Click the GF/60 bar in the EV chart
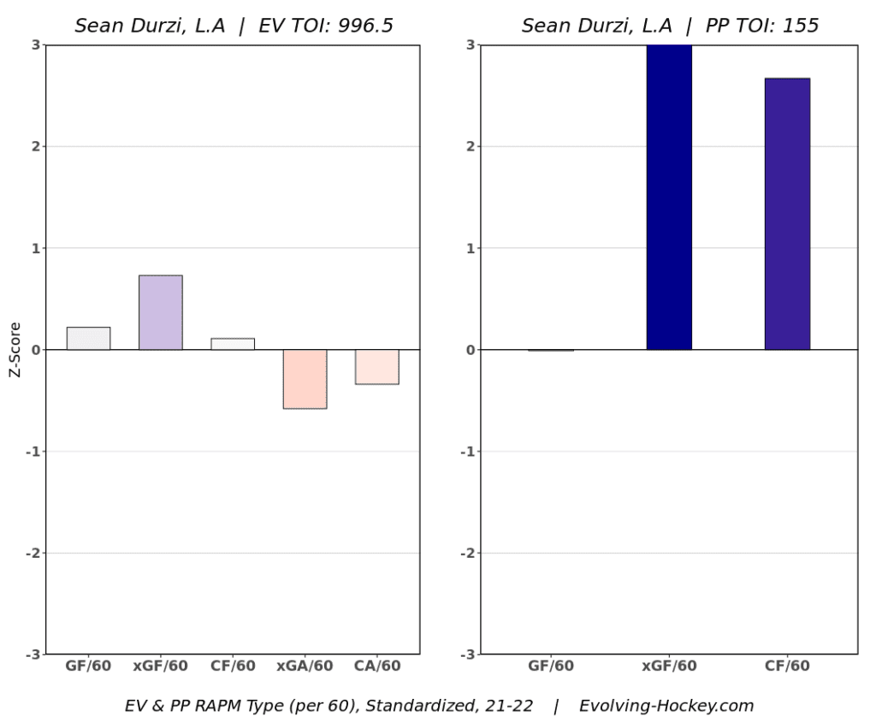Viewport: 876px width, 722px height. [x=88, y=339]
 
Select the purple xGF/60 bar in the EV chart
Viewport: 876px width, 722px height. [x=160, y=312]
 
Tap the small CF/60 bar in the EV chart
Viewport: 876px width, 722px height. [x=233, y=344]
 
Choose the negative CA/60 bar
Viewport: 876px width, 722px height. [x=376, y=367]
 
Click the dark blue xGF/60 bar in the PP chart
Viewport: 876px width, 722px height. [x=669, y=197]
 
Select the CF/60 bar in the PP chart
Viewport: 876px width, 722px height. [x=787, y=214]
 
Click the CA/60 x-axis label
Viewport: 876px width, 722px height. [x=376, y=666]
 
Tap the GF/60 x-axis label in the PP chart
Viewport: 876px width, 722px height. [x=551, y=666]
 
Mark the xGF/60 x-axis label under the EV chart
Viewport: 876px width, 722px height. [x=160, y=666]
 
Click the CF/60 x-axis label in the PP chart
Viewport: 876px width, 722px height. [x=787, y=666]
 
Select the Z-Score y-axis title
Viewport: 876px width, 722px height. [x=15, y=350]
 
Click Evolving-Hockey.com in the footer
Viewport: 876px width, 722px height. [x=666, y=706]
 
